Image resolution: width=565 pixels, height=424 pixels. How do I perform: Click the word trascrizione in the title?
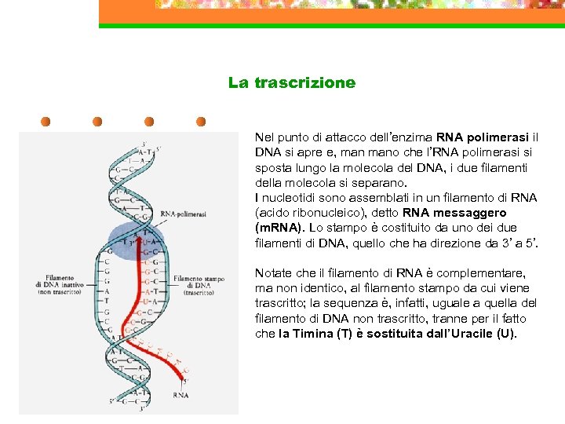(x=305, y=82)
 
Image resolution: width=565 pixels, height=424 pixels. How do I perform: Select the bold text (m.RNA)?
(x=280, y=228)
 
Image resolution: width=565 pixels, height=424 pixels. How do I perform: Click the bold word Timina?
(x=319, y=334)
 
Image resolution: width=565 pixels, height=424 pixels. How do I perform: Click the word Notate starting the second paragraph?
(x=273, y=273)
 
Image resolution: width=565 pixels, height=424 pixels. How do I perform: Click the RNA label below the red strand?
(x=181, y=395)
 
